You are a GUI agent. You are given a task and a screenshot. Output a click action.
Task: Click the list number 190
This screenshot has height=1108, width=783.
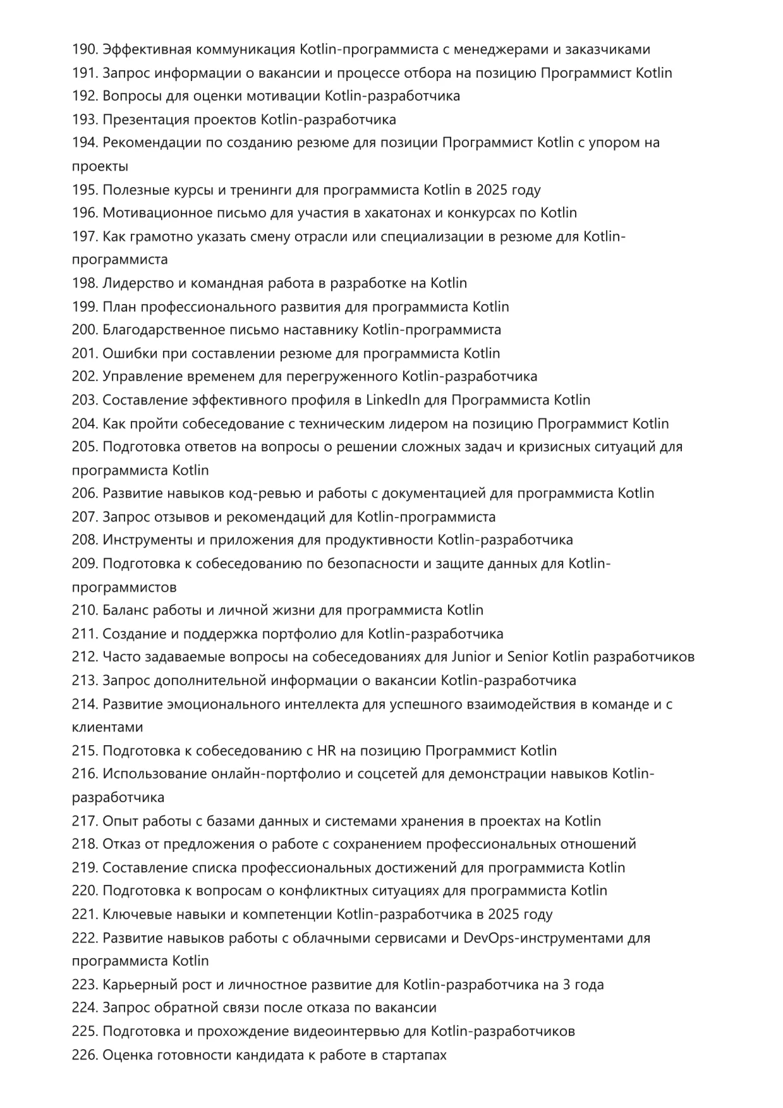coord(84,49)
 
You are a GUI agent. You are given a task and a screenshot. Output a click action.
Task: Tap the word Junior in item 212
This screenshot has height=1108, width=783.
coord(471,657)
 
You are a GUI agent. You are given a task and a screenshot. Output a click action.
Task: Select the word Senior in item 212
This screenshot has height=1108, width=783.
coord(528,657)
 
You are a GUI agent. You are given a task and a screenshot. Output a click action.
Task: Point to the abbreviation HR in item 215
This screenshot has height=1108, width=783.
coord(326,751)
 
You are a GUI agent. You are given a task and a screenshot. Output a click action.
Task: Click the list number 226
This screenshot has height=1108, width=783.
coord(84,1055)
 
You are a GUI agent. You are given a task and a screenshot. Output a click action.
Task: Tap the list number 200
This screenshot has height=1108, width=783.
coord(84,330)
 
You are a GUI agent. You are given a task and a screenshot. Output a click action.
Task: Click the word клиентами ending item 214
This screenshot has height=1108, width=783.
coord(107,728)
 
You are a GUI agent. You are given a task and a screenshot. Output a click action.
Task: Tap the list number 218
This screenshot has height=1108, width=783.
coord(84,844)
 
